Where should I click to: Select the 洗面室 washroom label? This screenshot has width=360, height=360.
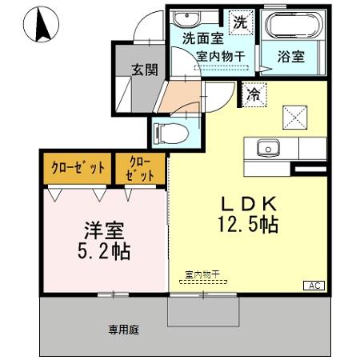click(x=201, y=38)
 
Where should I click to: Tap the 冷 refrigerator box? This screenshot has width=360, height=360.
click(x=254, y=93)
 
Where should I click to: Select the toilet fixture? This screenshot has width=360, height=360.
click(x=173, y=130)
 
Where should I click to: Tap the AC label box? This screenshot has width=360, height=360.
click(x=314, y=286)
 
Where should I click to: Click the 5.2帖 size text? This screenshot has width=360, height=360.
click(x=103, y=251)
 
